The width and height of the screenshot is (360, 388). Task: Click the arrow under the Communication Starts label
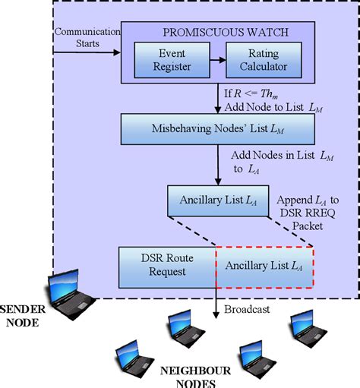[87, 53]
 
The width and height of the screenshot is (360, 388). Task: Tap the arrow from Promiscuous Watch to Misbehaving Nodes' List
[217, 98]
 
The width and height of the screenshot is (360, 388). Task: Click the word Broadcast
[245, 309]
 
